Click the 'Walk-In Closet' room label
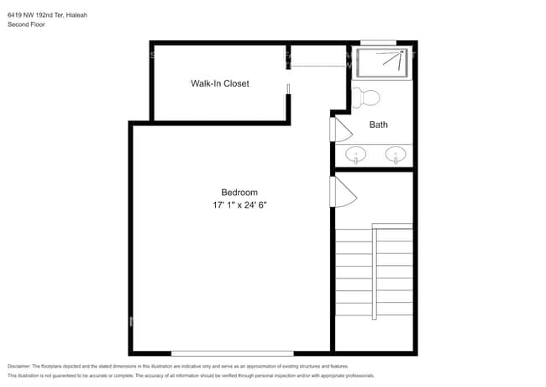click(x=219, y=83)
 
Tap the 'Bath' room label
click(x=379, y=125)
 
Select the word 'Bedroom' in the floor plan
click(x=239, y=192)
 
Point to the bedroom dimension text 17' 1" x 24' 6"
click(x=239, y=205)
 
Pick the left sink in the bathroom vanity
click(x=357, y=155)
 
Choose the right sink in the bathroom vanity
click(x=395, y=155)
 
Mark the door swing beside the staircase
click(x=343, y=193)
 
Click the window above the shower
click(x=378, y=42)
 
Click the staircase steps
click(x=374, y=278)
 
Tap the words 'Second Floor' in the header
click(x=26, y=25)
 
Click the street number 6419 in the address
click(x=15, y=14)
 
